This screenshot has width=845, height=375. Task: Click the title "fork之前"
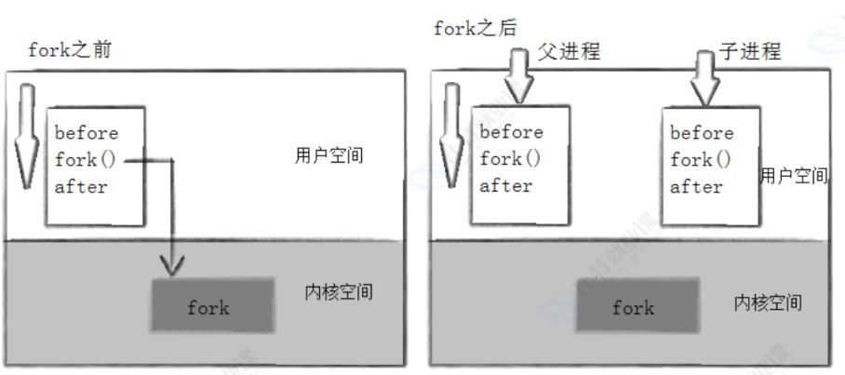point(69,49)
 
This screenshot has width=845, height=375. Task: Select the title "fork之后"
point(475,28)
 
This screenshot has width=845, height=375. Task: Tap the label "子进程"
point(750,50)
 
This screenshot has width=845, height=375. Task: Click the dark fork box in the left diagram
point(212,306)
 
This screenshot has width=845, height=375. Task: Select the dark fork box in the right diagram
point(637,306)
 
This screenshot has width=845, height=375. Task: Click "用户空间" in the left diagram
point(321,155)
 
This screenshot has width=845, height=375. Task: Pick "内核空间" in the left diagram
point(339,292)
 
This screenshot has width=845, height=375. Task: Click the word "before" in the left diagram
point(87,133)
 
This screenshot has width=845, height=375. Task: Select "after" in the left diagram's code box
point(81,186)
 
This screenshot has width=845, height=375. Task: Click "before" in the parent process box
point(511,131)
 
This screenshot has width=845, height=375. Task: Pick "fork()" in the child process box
point(701,160)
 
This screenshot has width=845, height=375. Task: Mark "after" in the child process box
point(696,186)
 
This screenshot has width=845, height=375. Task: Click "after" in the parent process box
point(505,185)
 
